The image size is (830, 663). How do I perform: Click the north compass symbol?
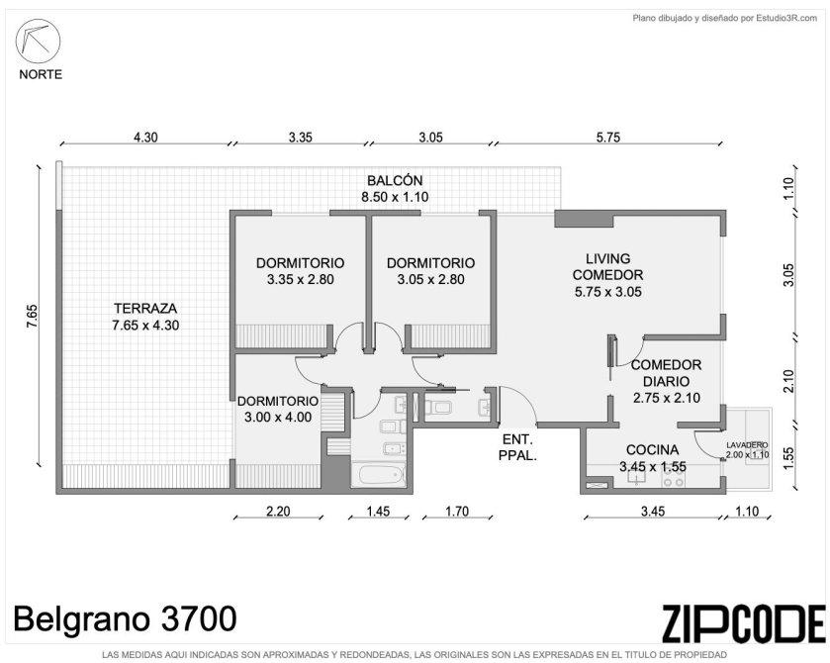coord(38,41)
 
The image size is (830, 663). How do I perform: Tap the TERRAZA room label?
coord(145,317)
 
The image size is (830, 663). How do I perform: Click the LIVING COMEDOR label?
coord(608,275)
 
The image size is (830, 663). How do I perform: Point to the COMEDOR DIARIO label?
coord(667,381)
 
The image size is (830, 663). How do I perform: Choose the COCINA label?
coord(653,458)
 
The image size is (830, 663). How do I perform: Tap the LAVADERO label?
coord(747,450)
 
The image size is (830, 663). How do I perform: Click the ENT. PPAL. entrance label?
coord(517,447)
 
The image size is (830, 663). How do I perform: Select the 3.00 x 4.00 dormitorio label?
coord(278,410)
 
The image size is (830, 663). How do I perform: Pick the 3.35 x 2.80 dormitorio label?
coord(300,271)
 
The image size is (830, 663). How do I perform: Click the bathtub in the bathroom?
coord(379,474)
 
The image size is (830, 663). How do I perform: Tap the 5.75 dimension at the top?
coord(607,138)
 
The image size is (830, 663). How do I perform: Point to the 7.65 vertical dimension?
coord(33,316)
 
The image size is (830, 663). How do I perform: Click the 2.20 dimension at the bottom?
coord(278,511)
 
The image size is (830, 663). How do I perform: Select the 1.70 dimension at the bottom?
coord(457,511)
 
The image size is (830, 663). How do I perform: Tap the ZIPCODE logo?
coord(743,623)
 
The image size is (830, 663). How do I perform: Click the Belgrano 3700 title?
coord(125,618)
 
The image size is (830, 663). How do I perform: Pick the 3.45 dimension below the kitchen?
coord(653,511)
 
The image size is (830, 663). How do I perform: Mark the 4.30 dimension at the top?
coord(145,138)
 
